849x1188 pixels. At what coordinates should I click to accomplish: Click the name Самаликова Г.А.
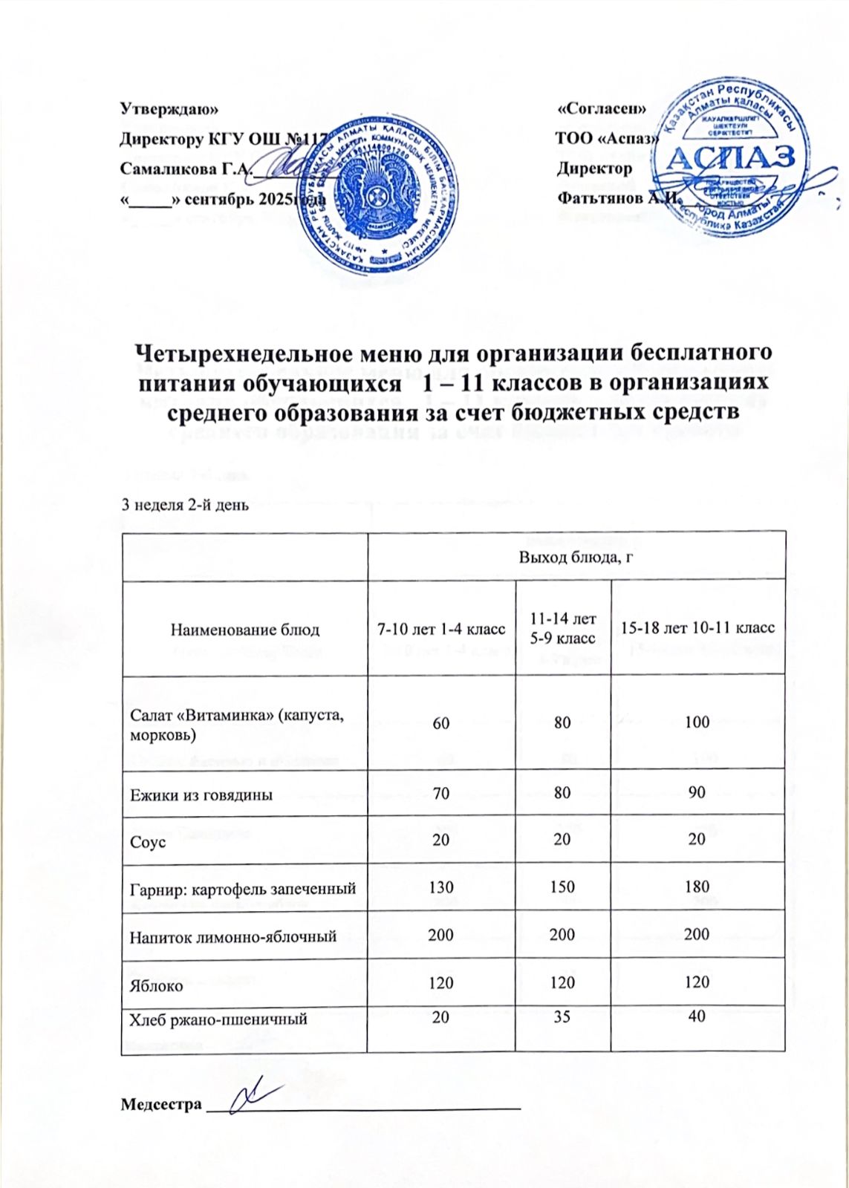[x=186, y=169]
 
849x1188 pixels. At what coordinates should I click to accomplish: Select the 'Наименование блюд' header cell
[x=245, y=630]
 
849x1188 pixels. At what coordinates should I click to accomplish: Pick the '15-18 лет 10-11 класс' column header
[x=697, y=628]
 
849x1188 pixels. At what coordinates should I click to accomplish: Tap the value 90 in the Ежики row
[x=697, y=793]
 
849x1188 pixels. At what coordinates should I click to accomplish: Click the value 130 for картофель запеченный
[x=441, y=887]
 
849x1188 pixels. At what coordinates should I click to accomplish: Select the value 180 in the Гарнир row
[x=697, y=887]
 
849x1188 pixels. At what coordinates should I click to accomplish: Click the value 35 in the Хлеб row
[x=562, y=1017]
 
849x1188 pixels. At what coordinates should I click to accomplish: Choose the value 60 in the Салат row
[x=441, y=721]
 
